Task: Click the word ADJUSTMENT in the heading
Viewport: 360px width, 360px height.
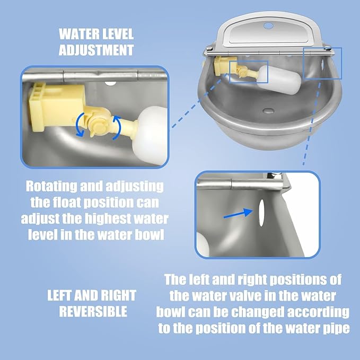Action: click(x=96, y=51)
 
